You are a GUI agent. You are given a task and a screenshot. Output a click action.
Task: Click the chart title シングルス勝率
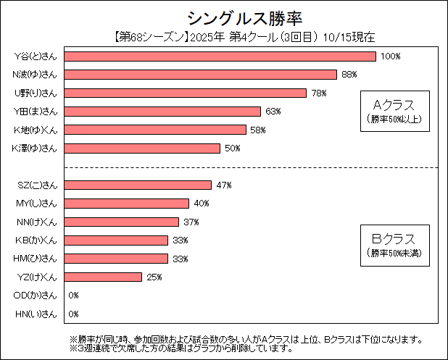(x=224, y=17)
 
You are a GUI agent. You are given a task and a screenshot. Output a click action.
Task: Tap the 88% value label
(x=350, y=75)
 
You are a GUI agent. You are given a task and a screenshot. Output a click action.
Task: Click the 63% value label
(x=273, y=112)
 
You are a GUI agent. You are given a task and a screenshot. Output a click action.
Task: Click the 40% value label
(x=202, y=204)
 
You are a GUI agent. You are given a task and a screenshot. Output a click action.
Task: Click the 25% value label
(x=154, y=277)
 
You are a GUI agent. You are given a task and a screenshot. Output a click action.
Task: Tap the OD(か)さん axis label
(x=36, y=296)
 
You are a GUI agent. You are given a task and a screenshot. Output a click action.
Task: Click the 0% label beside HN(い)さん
(x=73, y=314)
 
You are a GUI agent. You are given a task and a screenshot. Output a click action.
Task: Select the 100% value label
(x=391, y=56)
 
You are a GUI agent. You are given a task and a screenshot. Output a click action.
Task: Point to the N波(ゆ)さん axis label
(x=36, y=75)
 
